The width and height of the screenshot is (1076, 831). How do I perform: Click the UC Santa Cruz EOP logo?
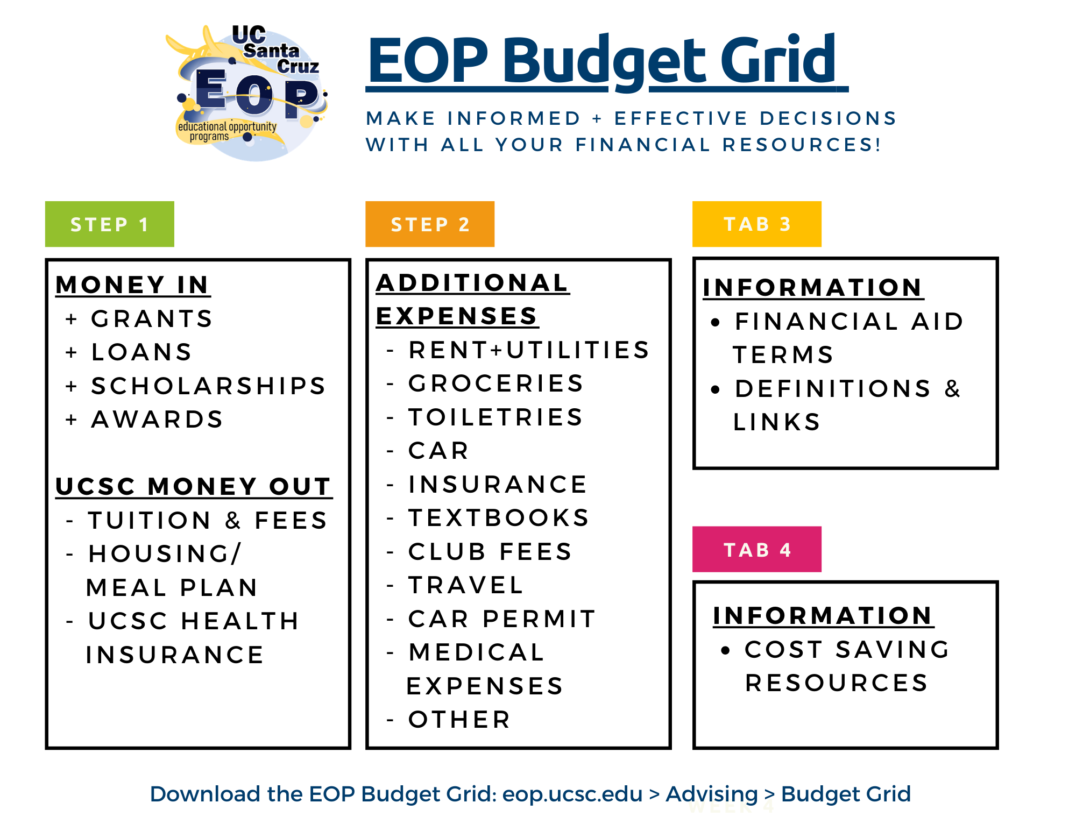[x=247, y=93]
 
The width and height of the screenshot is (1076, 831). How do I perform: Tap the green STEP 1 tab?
[x=110, y=224]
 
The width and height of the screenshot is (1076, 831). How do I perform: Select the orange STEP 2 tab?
[x=430, y=224]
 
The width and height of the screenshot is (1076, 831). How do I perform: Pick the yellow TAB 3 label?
[x=757, y=224]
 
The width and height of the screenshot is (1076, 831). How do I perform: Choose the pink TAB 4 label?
[x=757, y=549]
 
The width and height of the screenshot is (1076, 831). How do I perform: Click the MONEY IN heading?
[x=133, y=285]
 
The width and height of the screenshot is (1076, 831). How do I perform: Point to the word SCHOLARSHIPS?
[x=209, y=386]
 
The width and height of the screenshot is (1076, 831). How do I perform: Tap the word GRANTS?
[x=152, y=318]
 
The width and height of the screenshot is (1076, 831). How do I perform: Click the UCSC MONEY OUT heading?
[x=194, y=486]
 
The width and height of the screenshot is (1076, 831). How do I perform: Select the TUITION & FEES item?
[x=208, y=520]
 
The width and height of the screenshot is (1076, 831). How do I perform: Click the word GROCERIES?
[x=496, y=383]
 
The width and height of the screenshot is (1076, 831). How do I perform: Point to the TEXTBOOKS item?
[x=499, y=518]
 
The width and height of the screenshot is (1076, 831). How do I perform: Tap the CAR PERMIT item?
[x=502, y=619]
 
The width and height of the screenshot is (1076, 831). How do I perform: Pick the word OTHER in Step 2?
[x=459, y=720]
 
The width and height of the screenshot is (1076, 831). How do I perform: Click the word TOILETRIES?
[x=495, y=417]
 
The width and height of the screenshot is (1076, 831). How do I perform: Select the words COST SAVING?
[x=847, y=649]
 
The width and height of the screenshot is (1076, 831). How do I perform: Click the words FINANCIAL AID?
[x=850, y=322]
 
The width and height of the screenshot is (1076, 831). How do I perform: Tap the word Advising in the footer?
[x=712, y=794]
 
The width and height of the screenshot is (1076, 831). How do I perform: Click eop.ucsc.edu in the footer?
[x=572, y=794]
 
